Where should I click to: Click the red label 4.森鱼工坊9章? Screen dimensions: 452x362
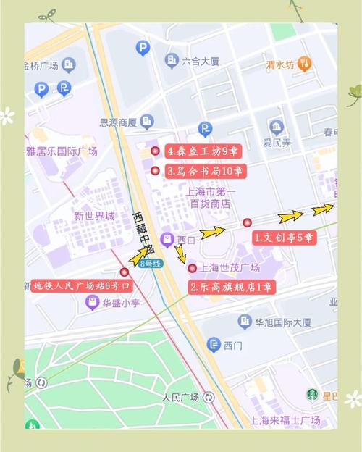(203, 151)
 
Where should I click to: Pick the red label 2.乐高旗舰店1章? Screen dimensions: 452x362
(231, 287)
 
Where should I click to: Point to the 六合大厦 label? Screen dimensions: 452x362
(201, 61)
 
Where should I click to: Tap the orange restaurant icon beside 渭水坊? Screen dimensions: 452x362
(305, 64)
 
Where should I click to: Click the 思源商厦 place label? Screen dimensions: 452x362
(118, 122)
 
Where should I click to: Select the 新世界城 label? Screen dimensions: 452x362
(94, 216)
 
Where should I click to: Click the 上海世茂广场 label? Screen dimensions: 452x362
(230, 268)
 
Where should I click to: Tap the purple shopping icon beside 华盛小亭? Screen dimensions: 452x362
(92, 303)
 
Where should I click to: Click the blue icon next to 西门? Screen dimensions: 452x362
(214, 346)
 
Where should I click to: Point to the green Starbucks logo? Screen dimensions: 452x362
(312, 395)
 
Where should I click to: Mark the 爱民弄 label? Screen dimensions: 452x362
(277, 142)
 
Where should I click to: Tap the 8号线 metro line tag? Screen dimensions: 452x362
(151, 264)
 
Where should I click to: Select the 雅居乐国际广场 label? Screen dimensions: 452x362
(62, 151)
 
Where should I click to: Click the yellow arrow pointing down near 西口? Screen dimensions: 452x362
(180, 255)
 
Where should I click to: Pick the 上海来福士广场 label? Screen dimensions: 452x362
(285, 420)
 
